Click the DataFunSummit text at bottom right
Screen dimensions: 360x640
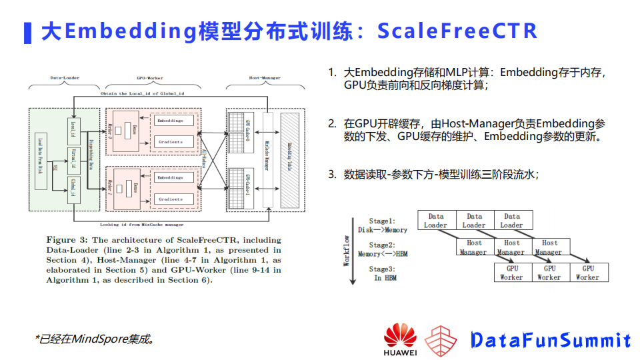coord(551,340)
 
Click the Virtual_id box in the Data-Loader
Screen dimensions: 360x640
coord(74,158)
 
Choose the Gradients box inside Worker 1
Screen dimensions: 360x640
coord(171,199)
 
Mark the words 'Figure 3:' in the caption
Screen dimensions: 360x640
coord(65,239)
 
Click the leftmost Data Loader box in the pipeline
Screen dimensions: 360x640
coord(436,221)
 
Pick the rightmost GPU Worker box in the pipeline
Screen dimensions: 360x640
coord(587,272)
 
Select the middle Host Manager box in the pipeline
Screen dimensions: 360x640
coord(511,247)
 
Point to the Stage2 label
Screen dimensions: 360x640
coord(382,245)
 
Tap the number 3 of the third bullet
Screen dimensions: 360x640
coord(331,175)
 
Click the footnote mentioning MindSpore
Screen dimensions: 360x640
coord(95,339)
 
